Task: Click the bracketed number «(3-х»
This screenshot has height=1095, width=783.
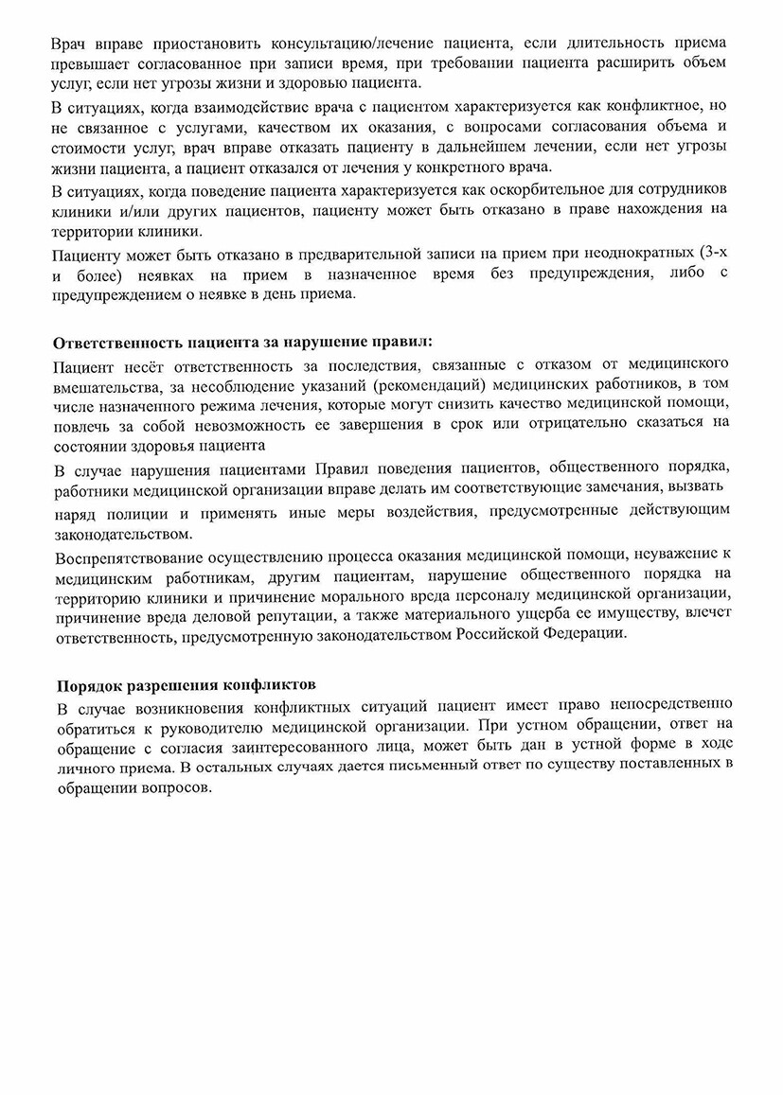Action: (708, 253)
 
